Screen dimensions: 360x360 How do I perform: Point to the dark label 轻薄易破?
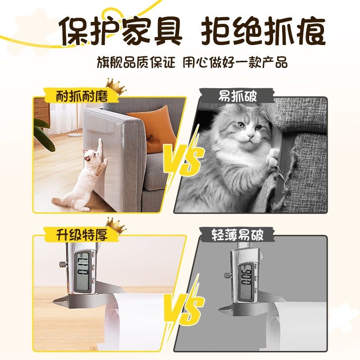pyautogui.click(x=238, y=235)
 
